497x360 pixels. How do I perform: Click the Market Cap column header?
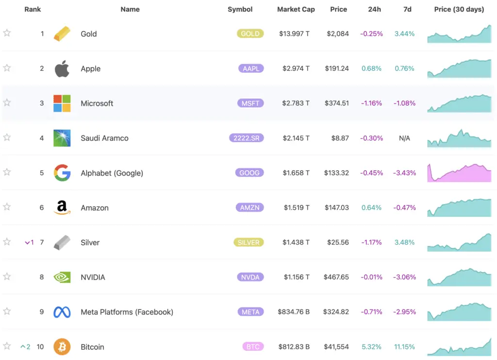pyautogui.click(x=296, y=9)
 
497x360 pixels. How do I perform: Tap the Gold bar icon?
pyautogui.click(x=62, y=33)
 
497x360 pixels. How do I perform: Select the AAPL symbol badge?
pyautogui.click(x=251, y=68)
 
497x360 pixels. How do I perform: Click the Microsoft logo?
pyautogui.click(x=62, y=103)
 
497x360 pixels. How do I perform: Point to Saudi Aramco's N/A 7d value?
pyautogui.click(x=404, y=138)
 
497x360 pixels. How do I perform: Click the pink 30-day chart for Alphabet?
pyautogui.click(x=459, y=173)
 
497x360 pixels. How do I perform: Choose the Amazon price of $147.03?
pyautogui.click(x=337, y=208)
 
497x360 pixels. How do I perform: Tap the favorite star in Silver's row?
pyautogui.click(x=7, y=242)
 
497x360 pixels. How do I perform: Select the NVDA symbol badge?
pyautogui.click(x=251, y=277)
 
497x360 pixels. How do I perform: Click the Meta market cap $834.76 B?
pyautogui.click(x=294, y=312)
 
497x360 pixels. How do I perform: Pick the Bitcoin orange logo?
pyautogui.click(x=62, y=347)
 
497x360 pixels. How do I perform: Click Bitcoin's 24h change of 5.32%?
pyautogui.click(x=371, y=347)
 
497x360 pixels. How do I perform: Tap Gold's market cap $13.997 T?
pyautogui.click(x=294, y=34)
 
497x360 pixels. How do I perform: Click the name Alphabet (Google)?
pyautogui.click(x=112, y=173)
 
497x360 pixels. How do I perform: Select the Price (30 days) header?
pyautogui.click(x=459, y=9)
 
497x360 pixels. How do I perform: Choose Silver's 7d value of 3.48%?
pyautogui.click(x=404, y=243)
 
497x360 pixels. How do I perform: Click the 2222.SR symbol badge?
pyautogui.click(x=246, y=138)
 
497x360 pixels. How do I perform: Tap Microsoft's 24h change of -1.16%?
pyautogui.click(x=371, y=103)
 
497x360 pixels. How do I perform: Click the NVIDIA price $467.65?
pyautogui.click(x=336, y=278)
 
